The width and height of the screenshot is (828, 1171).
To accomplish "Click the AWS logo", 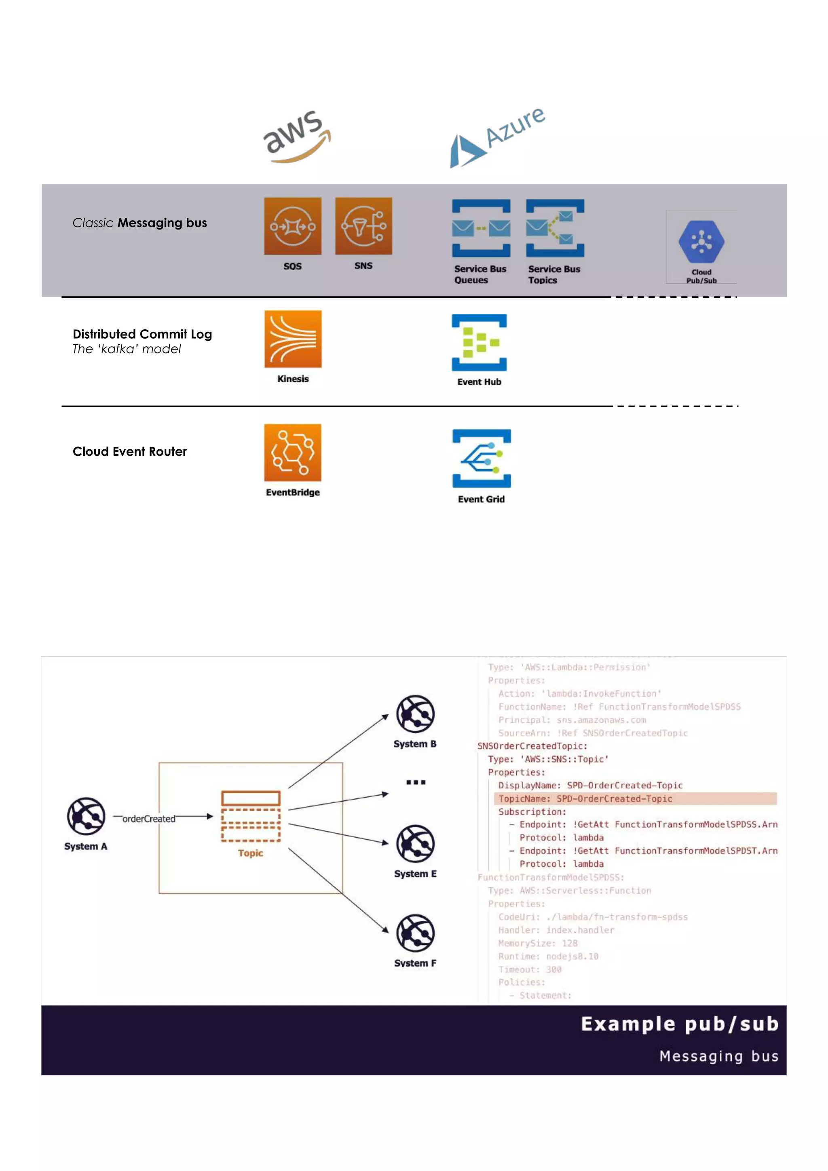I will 296,137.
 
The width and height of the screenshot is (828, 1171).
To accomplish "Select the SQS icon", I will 292,226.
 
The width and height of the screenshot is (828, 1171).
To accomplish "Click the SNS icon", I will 363,226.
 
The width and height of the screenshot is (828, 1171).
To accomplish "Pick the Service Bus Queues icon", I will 481,228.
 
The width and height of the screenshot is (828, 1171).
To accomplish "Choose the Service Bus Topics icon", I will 555,228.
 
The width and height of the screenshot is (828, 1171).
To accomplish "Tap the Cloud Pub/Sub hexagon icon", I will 701,241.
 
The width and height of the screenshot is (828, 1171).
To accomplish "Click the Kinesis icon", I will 293,339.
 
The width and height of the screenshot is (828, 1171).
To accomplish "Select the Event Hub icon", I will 479,342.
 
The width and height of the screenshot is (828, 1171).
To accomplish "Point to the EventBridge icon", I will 292,453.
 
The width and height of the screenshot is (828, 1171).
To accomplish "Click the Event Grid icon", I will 481,458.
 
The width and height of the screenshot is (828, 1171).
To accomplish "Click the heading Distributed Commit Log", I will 142,334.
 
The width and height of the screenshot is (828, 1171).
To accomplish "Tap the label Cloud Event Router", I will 130,451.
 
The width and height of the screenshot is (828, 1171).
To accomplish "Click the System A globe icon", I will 86,816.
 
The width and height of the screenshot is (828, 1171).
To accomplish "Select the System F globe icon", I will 415,933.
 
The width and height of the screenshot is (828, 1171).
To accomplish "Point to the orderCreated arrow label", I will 148,819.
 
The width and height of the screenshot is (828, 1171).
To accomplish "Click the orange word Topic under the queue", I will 250,853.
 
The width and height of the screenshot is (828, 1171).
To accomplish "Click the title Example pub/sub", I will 679,1024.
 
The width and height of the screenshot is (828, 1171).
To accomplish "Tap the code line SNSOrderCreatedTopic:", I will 532,746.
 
